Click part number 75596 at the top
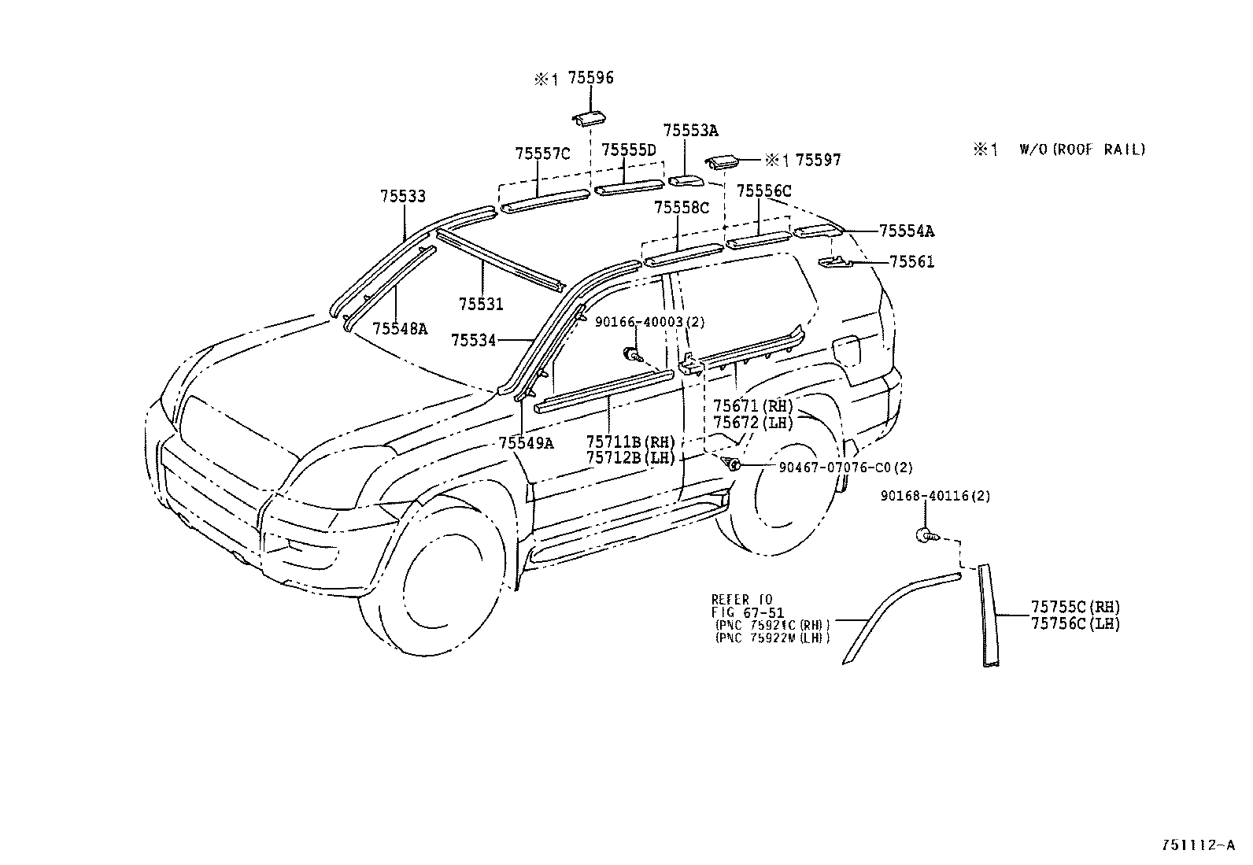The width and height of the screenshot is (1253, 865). pyautogui.click(x=591, y=78)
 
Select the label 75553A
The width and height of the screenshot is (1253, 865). pyautogui.click(x=690, y=131)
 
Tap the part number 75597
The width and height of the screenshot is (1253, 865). pyautogui.click(x=818, y=160)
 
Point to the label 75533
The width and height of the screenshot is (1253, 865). pyautogui.click(x=403, y=197)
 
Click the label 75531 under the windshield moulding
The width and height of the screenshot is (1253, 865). pyautogui.click(x=481, y=304)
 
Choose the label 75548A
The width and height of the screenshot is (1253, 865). pyautogui.click(x=400, y=328)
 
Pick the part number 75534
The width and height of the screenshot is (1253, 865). pyautogui.click(x=473, y=340)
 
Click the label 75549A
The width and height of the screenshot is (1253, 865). pyautogui.click(x=526, y=443)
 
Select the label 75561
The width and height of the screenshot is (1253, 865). pyautogui.click(x=911, y=262)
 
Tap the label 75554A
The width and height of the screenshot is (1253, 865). pyautogui.click(x=906, y=231)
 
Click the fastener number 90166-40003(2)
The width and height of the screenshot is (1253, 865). pyautogui.click(x=650, y=322)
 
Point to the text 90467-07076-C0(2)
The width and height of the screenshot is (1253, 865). pyautogui.click(x=846, y=468)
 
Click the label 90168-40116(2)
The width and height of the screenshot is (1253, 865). pyautogui.click(x=935, y=497)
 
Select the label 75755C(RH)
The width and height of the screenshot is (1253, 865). pyautogui.click(x=1076, y=607)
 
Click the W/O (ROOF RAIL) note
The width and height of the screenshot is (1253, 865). pyautogui.click(x=1082, y=150)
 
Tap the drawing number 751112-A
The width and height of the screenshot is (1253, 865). pyautogui.click(x=1198, y=845)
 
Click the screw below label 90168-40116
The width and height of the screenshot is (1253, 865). pyautogui.click(x=927, y=535)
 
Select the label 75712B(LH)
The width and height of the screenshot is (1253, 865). pyautogui.click(x=631, y=457)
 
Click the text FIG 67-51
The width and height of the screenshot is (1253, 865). pyautogui.click(x=748, y=612)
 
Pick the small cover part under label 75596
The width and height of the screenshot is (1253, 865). pyautogui.click(x=586, y=119)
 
